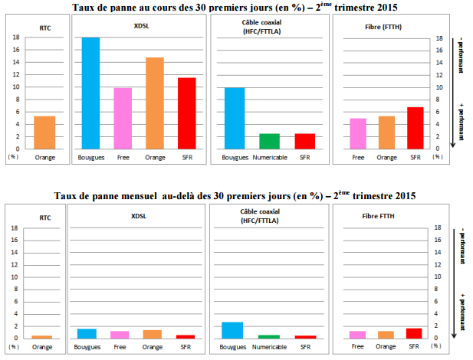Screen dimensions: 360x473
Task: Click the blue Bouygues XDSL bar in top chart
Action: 91,92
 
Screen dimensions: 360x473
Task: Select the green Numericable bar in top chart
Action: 269,140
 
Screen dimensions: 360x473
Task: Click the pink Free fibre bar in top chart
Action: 358,133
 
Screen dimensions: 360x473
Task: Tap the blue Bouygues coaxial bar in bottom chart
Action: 232,330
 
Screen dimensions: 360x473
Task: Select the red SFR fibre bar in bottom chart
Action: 414,333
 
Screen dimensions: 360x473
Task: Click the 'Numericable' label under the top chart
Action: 269,158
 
